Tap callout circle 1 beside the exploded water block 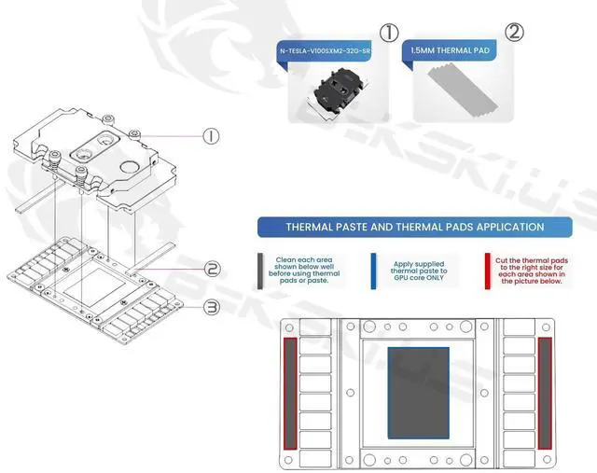(212, 136)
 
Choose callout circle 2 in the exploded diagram (213, 269)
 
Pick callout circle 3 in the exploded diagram (213, 306)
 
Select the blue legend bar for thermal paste (373, 270)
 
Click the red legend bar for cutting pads (487, 270)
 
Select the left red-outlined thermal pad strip (290, 392)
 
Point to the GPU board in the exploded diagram (93, 285)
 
